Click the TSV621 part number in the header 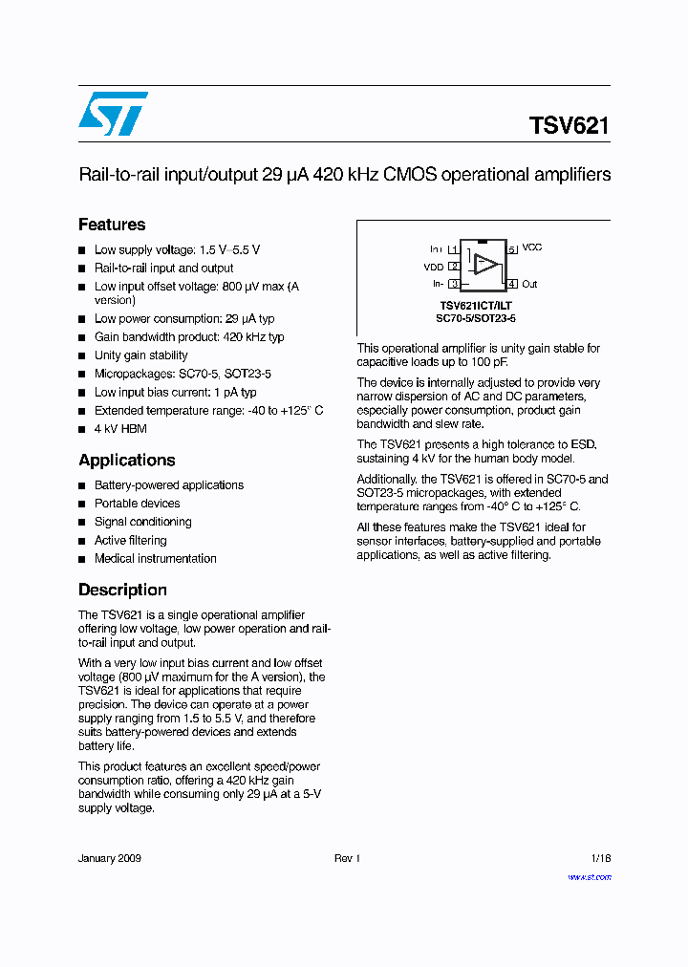pyautogui.click(x=569, y=126)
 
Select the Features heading pyautogui.click(x=112, y=225)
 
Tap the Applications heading pyautogui.click(x=126, y=460)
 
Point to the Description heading pyautogui.click(x=122, y=590)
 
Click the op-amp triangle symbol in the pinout pyautogui.click(x=486, y=266)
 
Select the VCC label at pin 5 pyautogui.click(x=532, y=247)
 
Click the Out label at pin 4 pyautogui.click(x=529, y=284)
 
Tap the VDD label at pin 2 pyautogui.click(x=434, y=268)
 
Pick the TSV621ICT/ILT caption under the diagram pyautogui.click(x=483, y=306)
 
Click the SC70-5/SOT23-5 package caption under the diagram pyautogui.click(x=483, y=318)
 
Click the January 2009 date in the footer pyautogui.click(x=110, y=859)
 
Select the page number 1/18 pyautogui.click(x=600, y=859)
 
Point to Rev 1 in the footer pyautogui.click(x=347, y=859)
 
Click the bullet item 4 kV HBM pyautogui.click(x=120, y=429)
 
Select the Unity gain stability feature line pyautogui.click(x=140, y=355)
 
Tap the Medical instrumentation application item pyautogui.click(x=155, y=558)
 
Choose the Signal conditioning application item pyautogui.click(x=142, y=522)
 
